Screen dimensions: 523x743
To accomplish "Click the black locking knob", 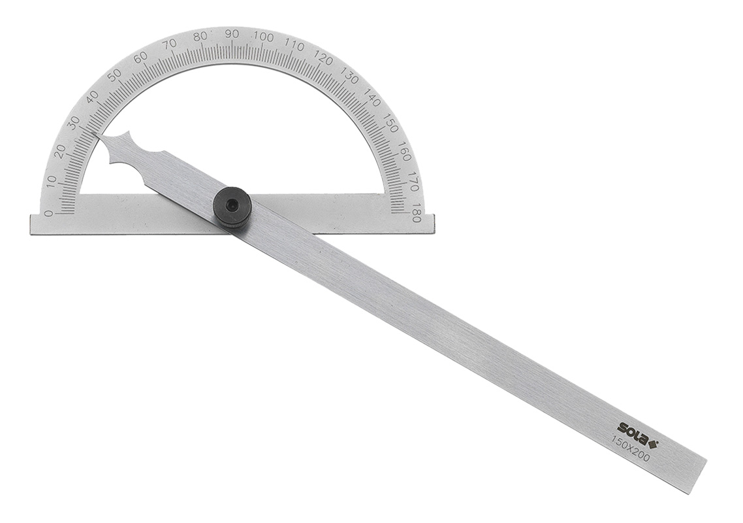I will point(232,207).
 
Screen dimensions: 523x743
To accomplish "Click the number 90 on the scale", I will point(231,34).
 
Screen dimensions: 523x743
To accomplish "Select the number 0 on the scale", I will point(48,213).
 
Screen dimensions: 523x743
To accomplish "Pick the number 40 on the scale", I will point(92,97).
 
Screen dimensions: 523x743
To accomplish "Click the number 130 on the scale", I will point(351,78).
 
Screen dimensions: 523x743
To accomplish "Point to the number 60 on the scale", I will point(140,58).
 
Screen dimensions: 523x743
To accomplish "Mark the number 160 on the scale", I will point(404,152).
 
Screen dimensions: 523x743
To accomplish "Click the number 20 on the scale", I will point(60,151).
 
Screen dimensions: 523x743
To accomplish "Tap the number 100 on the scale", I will point(264,37).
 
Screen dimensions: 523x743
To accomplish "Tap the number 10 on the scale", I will point(51,181).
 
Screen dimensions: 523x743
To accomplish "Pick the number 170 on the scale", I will point(412,182).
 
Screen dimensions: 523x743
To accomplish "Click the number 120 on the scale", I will point(324,59).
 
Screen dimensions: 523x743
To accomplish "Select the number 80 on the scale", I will point(200,37).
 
